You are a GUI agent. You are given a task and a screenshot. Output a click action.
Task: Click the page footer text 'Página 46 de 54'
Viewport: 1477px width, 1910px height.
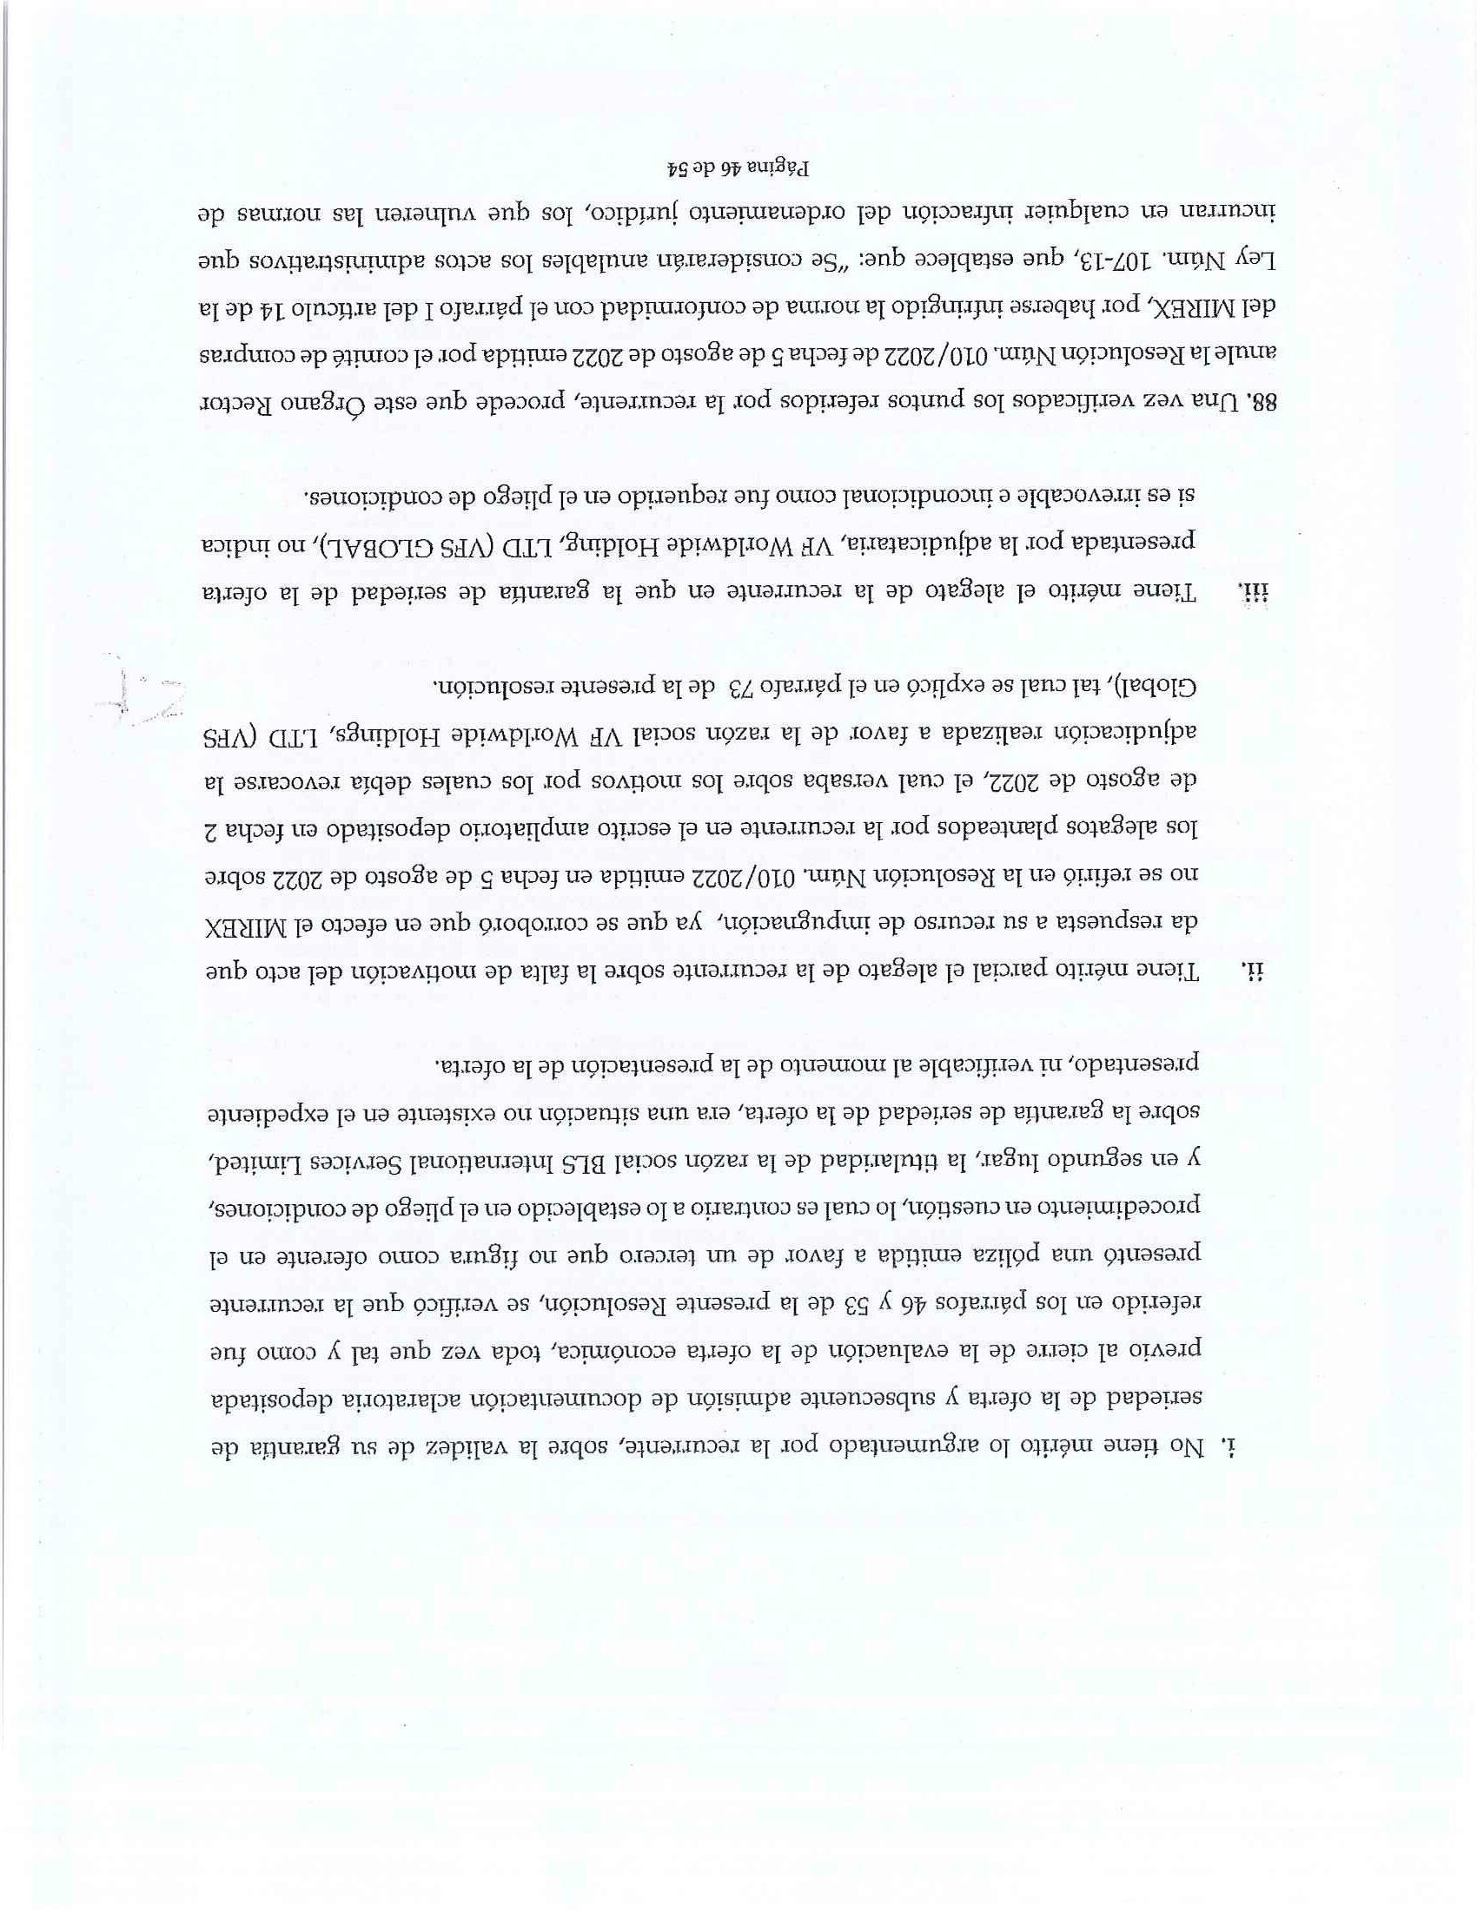pyautogui.click(x=738, y=167)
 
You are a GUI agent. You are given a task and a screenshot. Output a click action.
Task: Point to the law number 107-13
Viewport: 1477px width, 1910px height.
pyautogui.click(x=1116, y=260)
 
